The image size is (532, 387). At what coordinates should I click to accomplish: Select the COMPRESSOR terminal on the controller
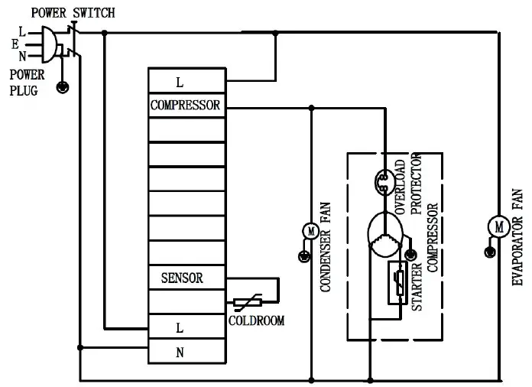tap(186, 106)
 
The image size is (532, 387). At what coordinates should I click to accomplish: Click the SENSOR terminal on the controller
tap(182, 278)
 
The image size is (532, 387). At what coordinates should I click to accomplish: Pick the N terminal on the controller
tap(180, 353)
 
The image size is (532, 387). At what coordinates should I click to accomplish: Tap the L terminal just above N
tap(180, 327)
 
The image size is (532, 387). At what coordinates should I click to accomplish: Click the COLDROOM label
tap(256, 321)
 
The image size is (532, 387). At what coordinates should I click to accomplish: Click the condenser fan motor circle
tap(310, 230)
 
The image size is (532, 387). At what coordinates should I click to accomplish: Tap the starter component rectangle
tap(397, 281)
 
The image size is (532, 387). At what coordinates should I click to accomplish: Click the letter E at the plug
tap(15, 44)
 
